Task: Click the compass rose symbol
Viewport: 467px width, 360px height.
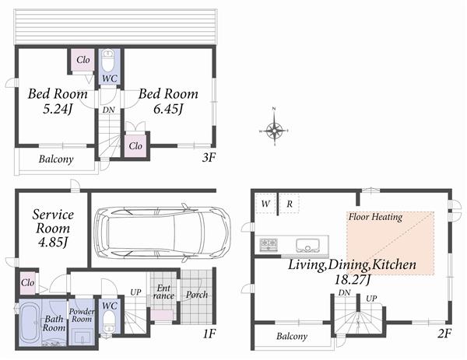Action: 274,131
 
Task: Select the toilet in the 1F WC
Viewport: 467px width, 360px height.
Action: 108,325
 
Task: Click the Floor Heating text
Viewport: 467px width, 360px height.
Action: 375,218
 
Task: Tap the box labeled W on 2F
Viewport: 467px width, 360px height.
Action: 265,204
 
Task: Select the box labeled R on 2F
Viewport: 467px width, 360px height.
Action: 288,204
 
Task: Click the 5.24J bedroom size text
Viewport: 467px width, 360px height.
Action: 58,109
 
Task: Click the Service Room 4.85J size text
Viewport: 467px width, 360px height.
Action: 53,243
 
